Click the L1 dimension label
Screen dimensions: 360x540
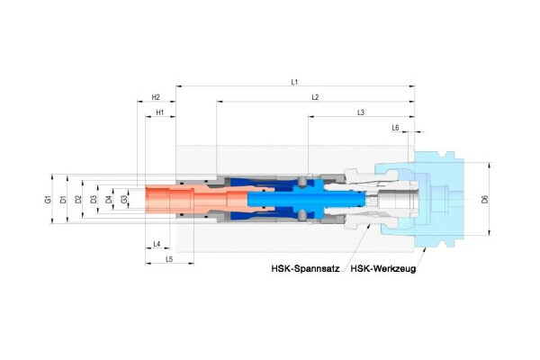(x=294, y=81)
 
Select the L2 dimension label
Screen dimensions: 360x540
(x=315, y=96)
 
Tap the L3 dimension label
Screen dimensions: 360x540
(x=360, y=112)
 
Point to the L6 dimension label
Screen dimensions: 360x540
(x=395, y=129)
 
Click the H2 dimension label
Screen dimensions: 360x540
(x=156, y=97)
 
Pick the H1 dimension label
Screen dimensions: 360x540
(x=159, y=113)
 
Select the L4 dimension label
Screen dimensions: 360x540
(x=156, y=244)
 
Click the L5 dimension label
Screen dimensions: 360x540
(x=168, y=259)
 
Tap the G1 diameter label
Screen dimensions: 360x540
(x=48, y=199)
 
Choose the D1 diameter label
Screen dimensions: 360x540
(x=63, y=199)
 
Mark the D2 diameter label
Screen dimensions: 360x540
(x=78, y=199)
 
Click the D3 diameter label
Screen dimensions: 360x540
(x=94, y=199)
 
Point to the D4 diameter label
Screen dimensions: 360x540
(x=108, y=199)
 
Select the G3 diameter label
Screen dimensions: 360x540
(x=123, y=199)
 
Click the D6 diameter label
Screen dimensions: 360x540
(x=484, y=199)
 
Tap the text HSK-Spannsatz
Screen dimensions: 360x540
(x=305, y=268)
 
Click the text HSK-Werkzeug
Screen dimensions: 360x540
(x=382, y=268)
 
